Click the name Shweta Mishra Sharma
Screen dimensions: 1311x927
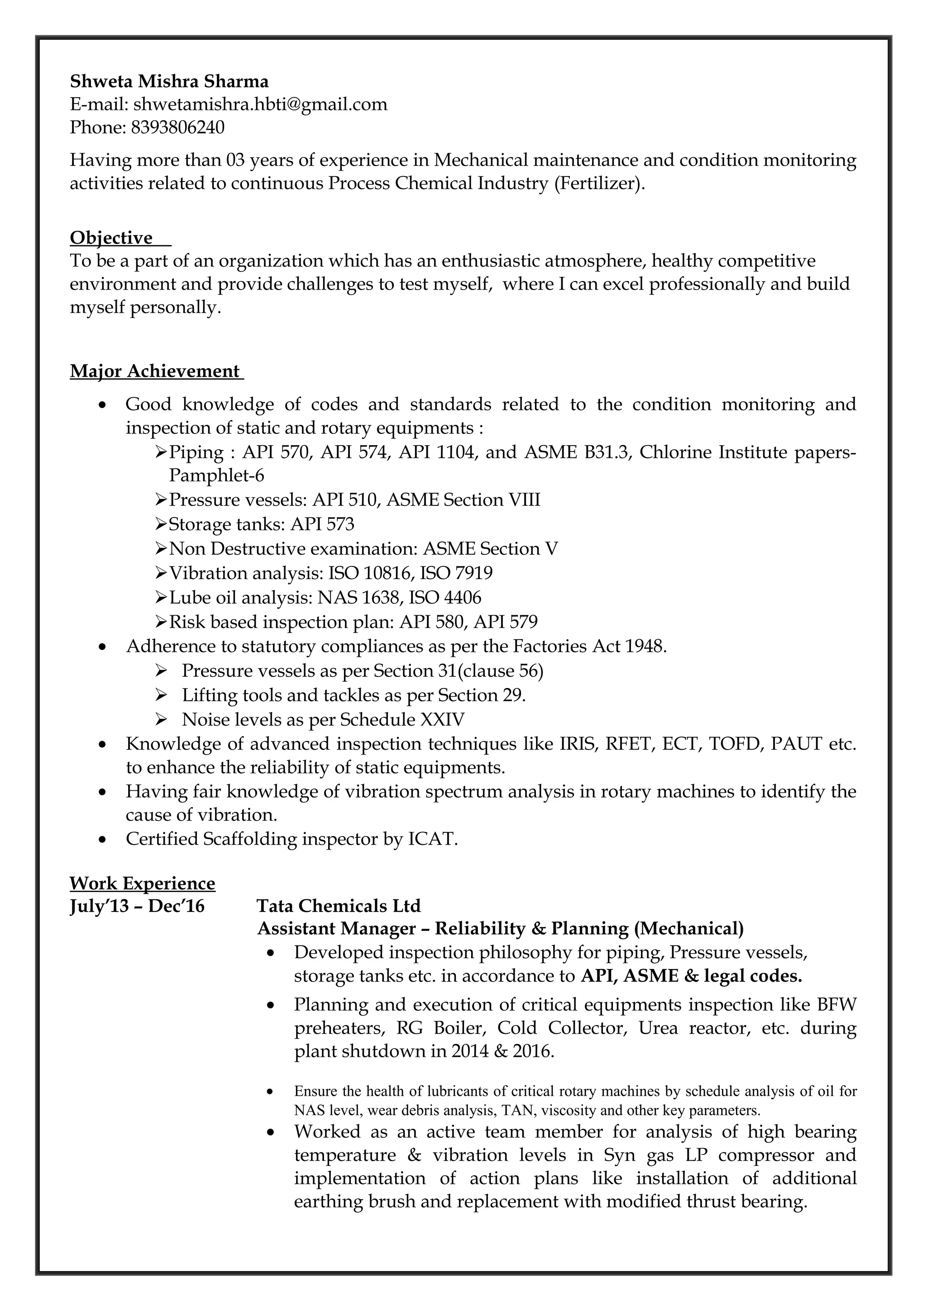pyautogui.click(x=169, y=81)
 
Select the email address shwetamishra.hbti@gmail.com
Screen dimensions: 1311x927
pyautogui.click(x=260, y=104)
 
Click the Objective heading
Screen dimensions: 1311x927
pyautogui.click(x=111, y=237)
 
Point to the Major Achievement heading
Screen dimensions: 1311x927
pyautogui.click(x=155, y=371)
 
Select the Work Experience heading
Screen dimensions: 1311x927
pyautogui.click(x=142, y=883)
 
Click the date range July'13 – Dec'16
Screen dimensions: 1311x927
pyautogui.click(x=137, y=906)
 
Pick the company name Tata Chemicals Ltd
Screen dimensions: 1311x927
pyautogui.click(x=339, y=906)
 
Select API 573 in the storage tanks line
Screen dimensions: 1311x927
pyautogui.click(x=322, y=524)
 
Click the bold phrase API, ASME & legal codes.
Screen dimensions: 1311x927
pyautogui.click(x=691, y=976)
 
